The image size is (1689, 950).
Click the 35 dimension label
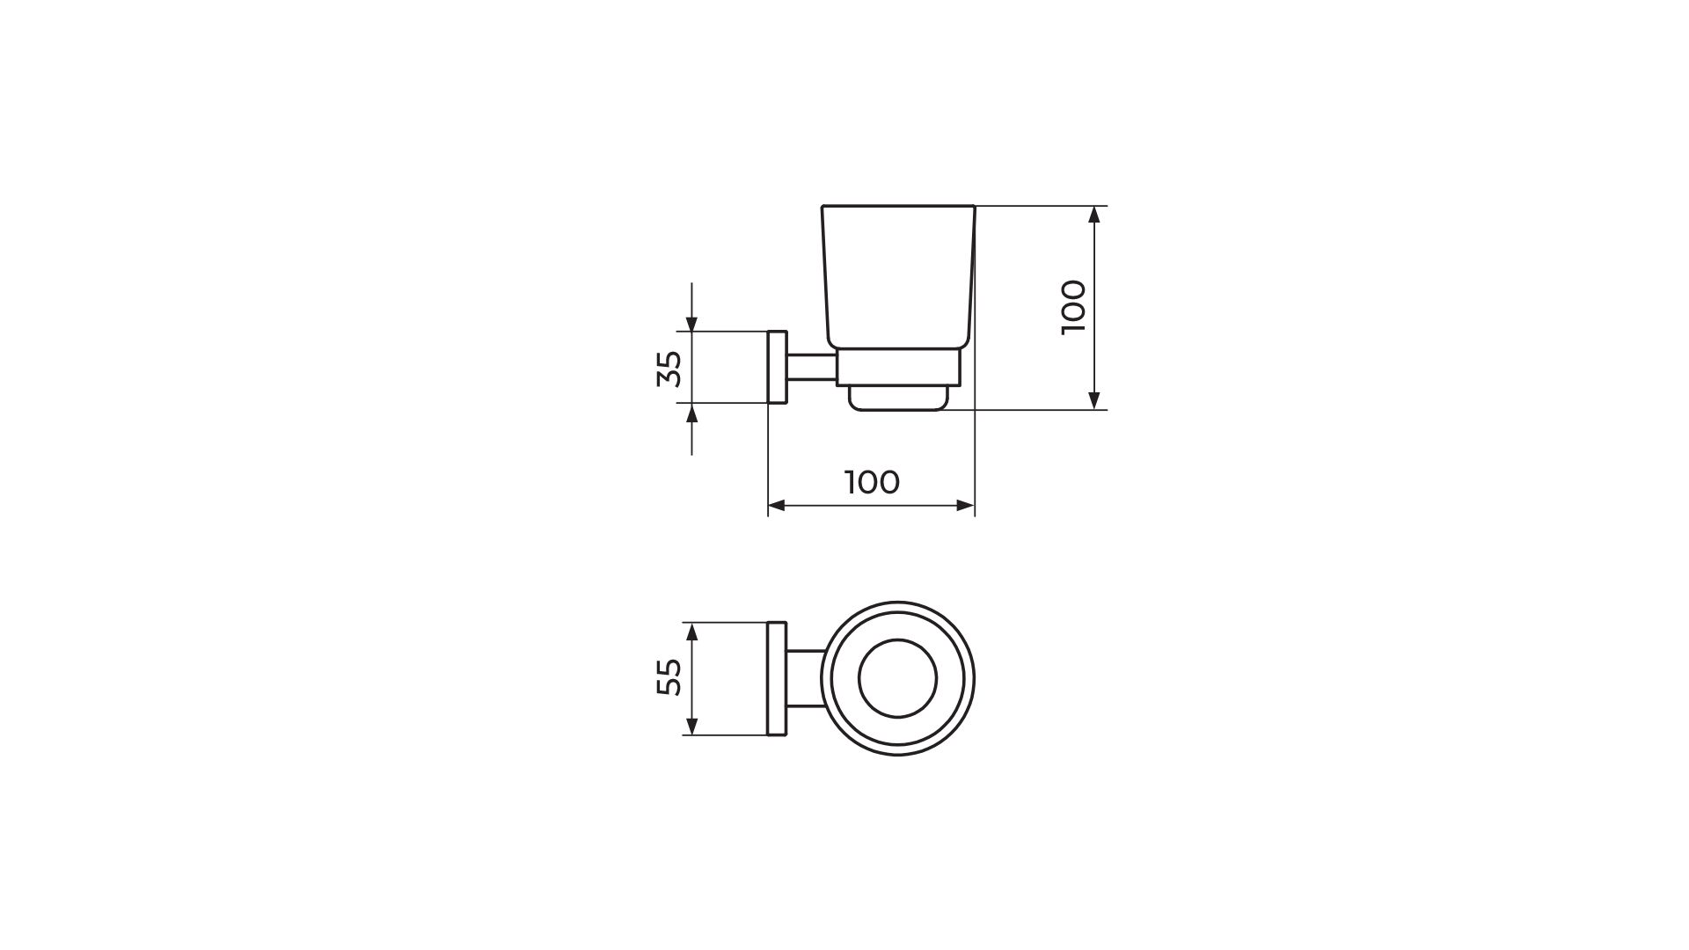coord(669,369)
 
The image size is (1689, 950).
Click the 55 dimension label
coord(669,677)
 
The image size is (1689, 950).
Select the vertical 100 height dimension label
coord(1074,306)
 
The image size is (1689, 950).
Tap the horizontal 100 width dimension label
coord(872,482)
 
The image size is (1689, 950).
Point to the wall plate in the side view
coord(778,367)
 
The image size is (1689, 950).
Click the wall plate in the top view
coord(777,678)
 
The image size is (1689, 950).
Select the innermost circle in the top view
coord(898,639)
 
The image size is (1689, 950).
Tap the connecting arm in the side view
coord(812,367)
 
